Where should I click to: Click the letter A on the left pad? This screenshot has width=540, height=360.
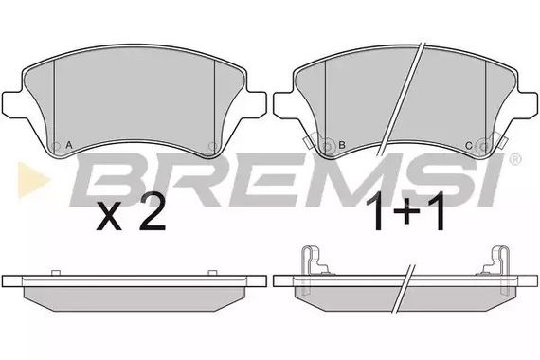coord(71,146)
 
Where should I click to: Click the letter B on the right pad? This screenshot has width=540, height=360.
coord(342,146)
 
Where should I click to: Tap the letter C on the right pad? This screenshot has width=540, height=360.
coord(468,146)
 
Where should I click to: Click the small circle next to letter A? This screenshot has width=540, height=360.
coord(55,145)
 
